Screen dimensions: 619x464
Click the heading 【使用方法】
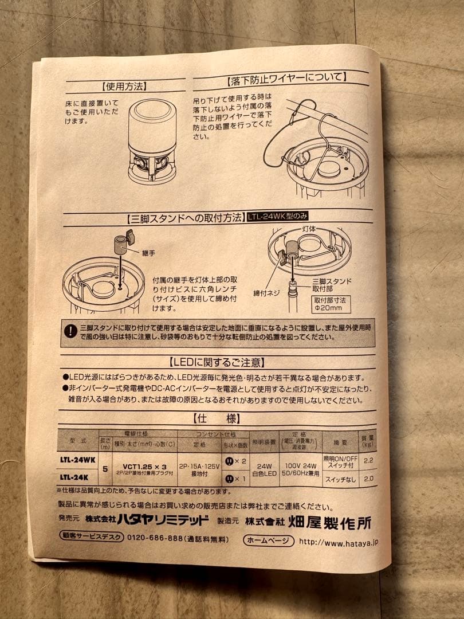124,87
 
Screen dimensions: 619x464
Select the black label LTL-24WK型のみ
278,217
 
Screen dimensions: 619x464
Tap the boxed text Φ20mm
328,308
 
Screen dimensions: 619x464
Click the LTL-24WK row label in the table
77,459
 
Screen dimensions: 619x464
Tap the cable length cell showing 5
105,468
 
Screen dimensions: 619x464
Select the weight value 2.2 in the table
368,460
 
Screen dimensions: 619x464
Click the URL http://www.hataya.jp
338,541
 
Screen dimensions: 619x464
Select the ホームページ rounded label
268,540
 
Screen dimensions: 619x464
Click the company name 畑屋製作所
339,522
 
